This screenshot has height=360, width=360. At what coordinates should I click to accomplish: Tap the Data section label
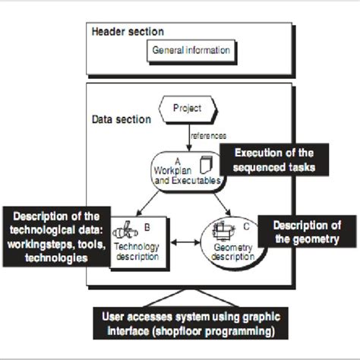[121, 120]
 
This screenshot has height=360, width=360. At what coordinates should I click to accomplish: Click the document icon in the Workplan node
[204, 164]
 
